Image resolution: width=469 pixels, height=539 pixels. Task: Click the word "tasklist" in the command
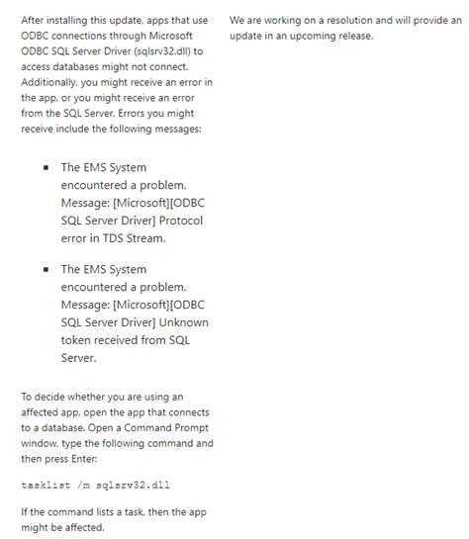[45, 485]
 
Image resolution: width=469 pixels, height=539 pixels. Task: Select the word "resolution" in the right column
[337, 20]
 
